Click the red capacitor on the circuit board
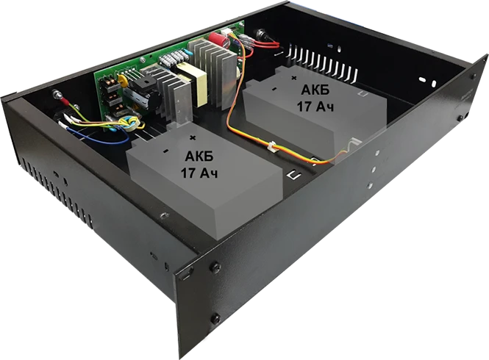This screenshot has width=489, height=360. [216, 39]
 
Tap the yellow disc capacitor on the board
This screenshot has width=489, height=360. [123, 82]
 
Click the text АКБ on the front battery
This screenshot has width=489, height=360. [199, 156]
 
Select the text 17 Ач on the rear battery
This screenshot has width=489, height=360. [315, 107]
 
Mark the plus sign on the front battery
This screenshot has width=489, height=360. [193, 137]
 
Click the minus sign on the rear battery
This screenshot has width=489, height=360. [274, 89]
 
